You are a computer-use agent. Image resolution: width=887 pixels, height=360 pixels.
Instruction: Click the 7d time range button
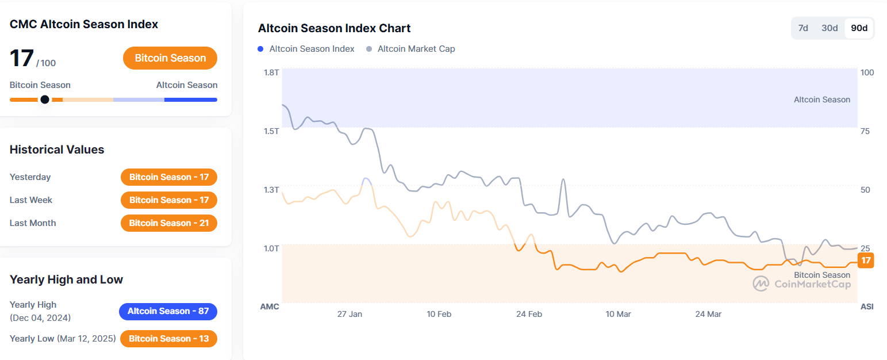[x=804, y=28]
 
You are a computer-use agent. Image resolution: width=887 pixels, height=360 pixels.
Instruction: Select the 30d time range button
[x=830, y=28]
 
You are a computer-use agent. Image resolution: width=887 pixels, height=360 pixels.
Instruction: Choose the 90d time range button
[x=859, y=28]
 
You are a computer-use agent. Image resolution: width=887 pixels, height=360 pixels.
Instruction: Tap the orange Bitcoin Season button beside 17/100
[x=170, y=58]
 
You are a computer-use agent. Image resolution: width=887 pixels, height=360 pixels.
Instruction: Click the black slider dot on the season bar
[x=45, y=99]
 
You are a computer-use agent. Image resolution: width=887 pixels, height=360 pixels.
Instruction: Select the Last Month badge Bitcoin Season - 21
[x=169, y=223]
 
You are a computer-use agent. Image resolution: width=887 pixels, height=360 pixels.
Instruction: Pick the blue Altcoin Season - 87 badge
[x=168, y=311]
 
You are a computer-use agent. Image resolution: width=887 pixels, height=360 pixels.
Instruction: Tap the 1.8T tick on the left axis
[x=271, y=72]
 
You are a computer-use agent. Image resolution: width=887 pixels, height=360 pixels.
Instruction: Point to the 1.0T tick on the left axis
[x=271, y=248]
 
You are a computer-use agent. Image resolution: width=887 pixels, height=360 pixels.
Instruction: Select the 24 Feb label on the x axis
[x=529, y=314]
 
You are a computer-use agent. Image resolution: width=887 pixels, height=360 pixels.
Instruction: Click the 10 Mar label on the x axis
[x=618, y=314]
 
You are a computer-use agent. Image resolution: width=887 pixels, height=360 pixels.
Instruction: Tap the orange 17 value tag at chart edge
[x=866, y=261]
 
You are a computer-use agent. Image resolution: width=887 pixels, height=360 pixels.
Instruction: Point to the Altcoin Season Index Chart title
[x=334, y=28]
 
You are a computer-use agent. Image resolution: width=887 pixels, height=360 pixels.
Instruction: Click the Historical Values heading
[x=57, y=150]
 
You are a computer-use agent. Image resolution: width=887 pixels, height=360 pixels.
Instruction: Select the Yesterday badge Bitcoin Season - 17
[x=169, y=177]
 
